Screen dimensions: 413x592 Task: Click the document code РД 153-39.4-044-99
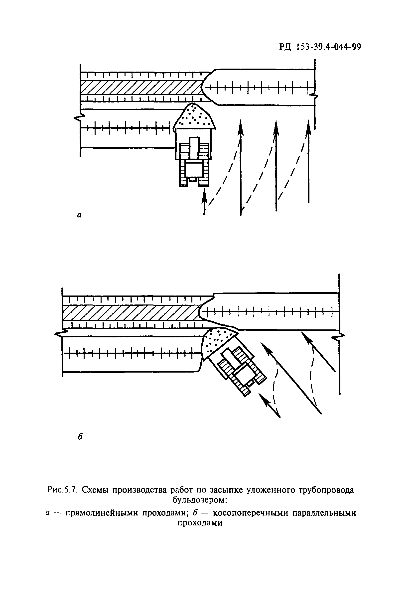click(320, 47)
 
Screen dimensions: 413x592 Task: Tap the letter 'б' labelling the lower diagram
click(80, 437)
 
